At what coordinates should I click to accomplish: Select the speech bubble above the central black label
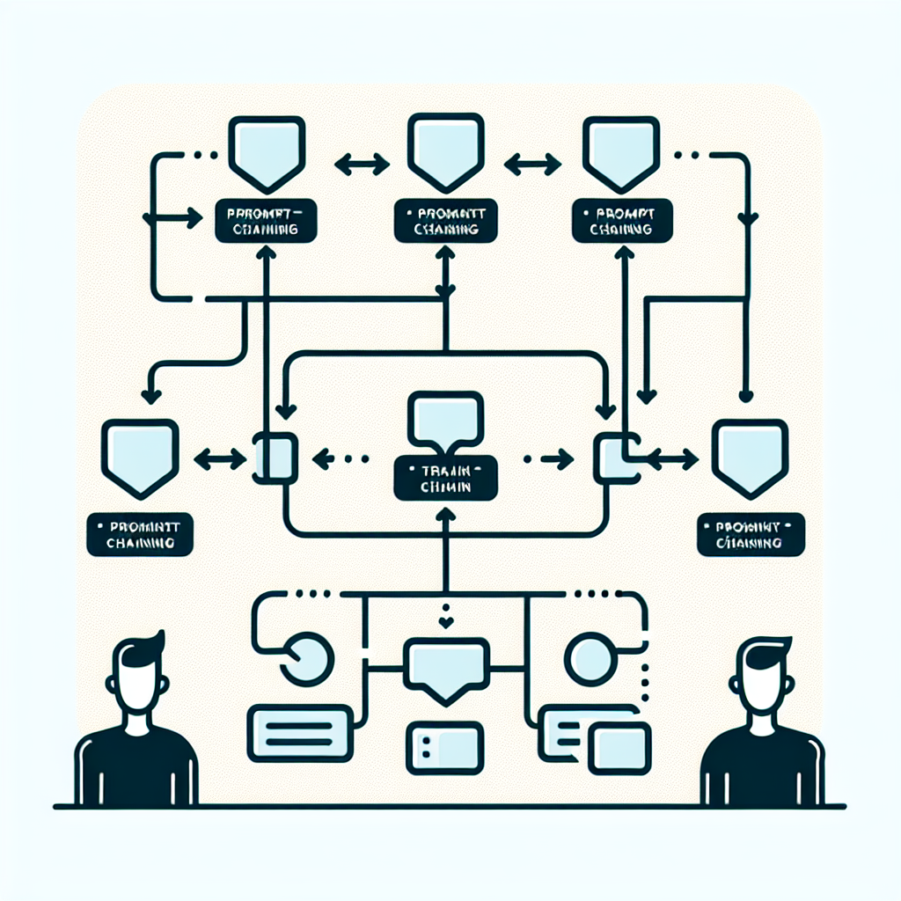(x=446, y=417)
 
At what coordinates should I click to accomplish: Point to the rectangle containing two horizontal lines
(x=301, y=729)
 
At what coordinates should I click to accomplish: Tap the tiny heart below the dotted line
(x=447, y=623)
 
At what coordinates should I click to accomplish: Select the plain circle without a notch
(x=588, y=656)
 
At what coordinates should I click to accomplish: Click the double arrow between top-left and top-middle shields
(x=362, y=164)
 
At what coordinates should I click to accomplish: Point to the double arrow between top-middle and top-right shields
(x=532, y=164)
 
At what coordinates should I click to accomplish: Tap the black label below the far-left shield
(x=141, y=536)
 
